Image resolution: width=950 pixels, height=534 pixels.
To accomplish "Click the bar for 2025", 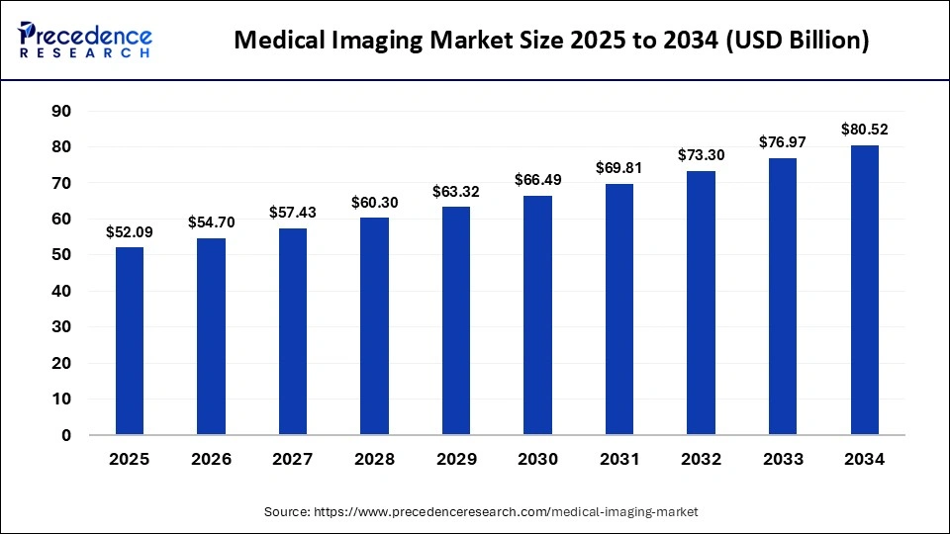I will click(x=130, y=340).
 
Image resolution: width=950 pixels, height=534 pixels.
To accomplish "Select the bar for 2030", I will click(x=538, y=314).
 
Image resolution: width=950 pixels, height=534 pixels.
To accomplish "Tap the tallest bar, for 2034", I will click(x=865, y=289).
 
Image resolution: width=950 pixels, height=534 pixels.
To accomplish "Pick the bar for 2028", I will click(x=375, y=325).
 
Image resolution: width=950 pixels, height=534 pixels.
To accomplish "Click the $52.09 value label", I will click(x=130, y=232).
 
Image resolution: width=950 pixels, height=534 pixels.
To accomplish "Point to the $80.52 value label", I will click(x=865, y=129).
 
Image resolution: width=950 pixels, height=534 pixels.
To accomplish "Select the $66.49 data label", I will click(x=538, y=180).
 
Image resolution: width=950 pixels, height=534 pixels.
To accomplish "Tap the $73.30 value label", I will click(x=702, y=155).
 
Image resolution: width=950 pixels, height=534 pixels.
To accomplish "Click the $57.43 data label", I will click(x=293, y=213).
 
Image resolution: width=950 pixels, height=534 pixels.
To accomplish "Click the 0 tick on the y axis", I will click(x=66, y=435).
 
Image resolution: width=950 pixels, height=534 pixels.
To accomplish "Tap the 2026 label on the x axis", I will click(x=212, y=460).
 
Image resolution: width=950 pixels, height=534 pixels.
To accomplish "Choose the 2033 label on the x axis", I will click(x=783, y=460).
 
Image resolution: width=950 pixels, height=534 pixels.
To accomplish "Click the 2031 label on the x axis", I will click(x=619, y=460).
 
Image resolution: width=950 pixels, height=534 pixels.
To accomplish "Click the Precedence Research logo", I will click(x=85, y=40).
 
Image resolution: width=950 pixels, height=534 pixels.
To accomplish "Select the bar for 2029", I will click(x=456, y=320).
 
